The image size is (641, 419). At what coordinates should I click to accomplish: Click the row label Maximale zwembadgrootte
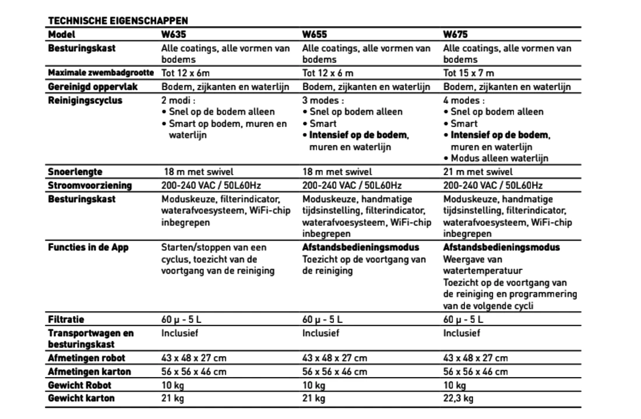(101, 73)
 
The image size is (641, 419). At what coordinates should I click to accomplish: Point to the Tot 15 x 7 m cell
(469, 73)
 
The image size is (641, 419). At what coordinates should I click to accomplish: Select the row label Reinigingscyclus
(85, 101)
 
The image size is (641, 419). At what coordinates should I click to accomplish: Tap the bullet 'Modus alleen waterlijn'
(499, 158)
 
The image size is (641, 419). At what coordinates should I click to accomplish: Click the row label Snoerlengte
(75, 172)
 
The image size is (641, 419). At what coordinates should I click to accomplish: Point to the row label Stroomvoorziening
(90, 186)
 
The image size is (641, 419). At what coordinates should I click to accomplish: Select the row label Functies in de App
(88, 247)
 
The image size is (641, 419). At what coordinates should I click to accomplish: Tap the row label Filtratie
(66, 319)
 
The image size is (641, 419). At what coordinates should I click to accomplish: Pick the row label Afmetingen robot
(86, 358)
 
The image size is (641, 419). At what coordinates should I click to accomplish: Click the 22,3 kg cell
(458, 399)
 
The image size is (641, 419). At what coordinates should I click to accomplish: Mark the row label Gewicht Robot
(79, 385)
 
